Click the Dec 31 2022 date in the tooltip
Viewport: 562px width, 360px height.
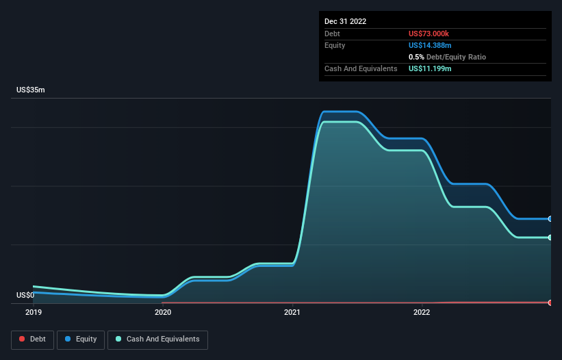point(345,21)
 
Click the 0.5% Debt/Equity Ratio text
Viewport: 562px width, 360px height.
point(447,57)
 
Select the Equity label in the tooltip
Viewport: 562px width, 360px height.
point(335,45)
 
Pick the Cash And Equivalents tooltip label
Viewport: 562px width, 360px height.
point(361,68)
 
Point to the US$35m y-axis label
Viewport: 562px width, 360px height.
point(30,90)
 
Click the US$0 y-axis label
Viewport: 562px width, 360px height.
point(25,295)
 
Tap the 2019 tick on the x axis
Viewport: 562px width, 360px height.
point(34,312)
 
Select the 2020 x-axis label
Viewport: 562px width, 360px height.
point(163,312)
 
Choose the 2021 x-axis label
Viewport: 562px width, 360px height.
point(292,312)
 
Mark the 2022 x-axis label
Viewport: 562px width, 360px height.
point(422,312)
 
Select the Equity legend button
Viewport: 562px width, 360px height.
point(80,339)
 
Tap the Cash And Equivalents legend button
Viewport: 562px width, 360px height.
point(157,339)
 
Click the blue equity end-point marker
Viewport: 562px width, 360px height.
point(550,219)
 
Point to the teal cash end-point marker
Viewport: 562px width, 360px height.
point(550,237)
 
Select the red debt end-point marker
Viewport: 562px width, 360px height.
point(550,302)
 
